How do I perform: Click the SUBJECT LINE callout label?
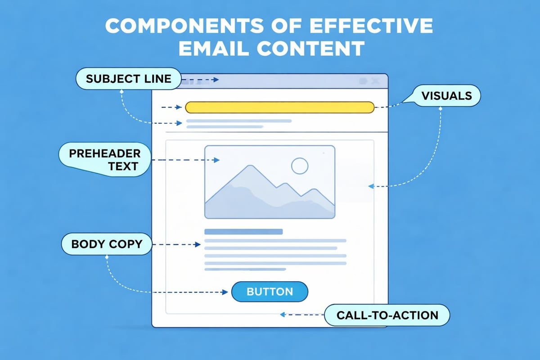coord(128,79)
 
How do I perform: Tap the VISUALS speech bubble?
coord(446,95)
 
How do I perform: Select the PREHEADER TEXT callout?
coord(104,159)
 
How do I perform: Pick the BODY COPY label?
coord(107,244)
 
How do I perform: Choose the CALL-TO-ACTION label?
coord(387,315)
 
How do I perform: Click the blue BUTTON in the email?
coord(270,292)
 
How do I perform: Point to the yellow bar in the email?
coord(279,107)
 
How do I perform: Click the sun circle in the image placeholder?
coord(300,166)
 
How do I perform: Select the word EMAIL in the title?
coord(217,49)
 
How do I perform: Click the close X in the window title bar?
coord(376,81)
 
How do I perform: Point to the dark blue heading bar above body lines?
coord(243,232)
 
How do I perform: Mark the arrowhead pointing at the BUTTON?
coord(225,292)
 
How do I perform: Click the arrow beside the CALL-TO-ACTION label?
coord(301,315)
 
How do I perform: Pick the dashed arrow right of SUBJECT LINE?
coord(200,80)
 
